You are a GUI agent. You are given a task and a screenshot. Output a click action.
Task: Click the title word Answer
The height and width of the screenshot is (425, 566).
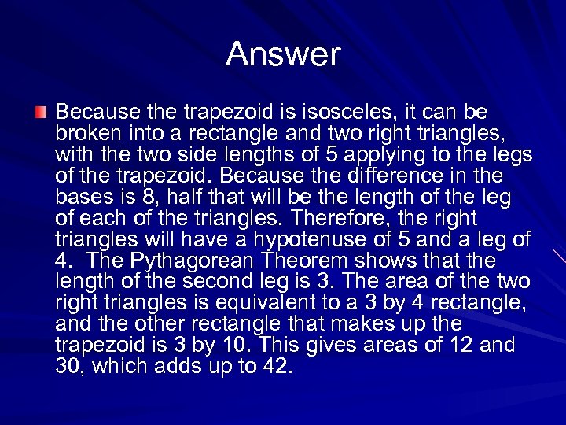(x=283, y=54)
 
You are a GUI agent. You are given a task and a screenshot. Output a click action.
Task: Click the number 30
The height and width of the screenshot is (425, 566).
(x=69, y=366)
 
